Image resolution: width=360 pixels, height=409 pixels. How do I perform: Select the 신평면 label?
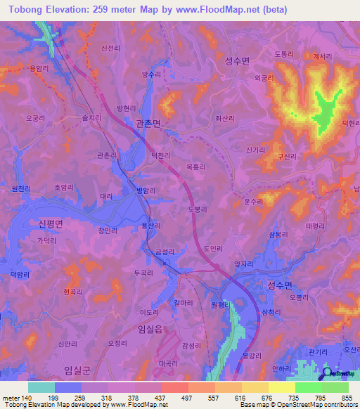pos(47,223)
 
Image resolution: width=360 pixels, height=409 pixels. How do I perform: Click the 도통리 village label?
pos(283,53)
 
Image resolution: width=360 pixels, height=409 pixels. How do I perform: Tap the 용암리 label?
pos(37,68)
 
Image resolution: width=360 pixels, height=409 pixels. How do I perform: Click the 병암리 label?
pos(145,190)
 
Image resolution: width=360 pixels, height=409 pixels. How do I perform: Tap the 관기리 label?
pos(318,351)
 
